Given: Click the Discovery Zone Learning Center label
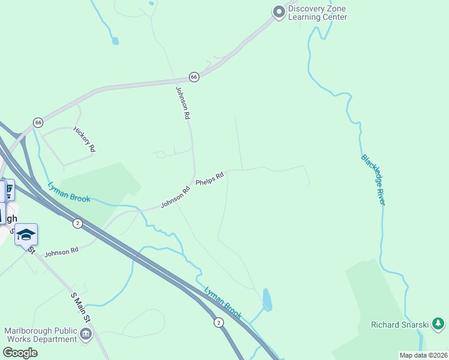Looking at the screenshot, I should [318, 13].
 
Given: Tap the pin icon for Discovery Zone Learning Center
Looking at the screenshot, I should [279, 11].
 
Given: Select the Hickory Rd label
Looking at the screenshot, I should [85, 139].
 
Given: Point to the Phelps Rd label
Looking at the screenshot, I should [210, 178].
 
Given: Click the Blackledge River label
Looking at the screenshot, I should [373, 179].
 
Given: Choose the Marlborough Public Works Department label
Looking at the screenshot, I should [41, 335].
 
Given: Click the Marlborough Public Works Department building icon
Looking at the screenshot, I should [86, 334].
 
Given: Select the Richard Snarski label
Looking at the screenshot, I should [400, 325].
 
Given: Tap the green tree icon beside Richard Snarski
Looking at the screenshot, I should [438, 324].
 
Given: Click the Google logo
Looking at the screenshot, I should [20, 353].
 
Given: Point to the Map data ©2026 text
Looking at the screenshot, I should [423, 355].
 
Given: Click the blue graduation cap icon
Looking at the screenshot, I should [26, 234].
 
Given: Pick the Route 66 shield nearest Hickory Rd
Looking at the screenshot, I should [38, 122].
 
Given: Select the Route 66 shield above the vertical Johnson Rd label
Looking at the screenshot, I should [194, 77].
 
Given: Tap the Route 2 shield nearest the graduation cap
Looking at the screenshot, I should [77, 223].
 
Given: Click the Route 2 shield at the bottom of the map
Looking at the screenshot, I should [218, 323].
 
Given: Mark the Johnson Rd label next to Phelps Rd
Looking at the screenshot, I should [175, 197].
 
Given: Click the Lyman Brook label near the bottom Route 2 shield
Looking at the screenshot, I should [223, 302].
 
